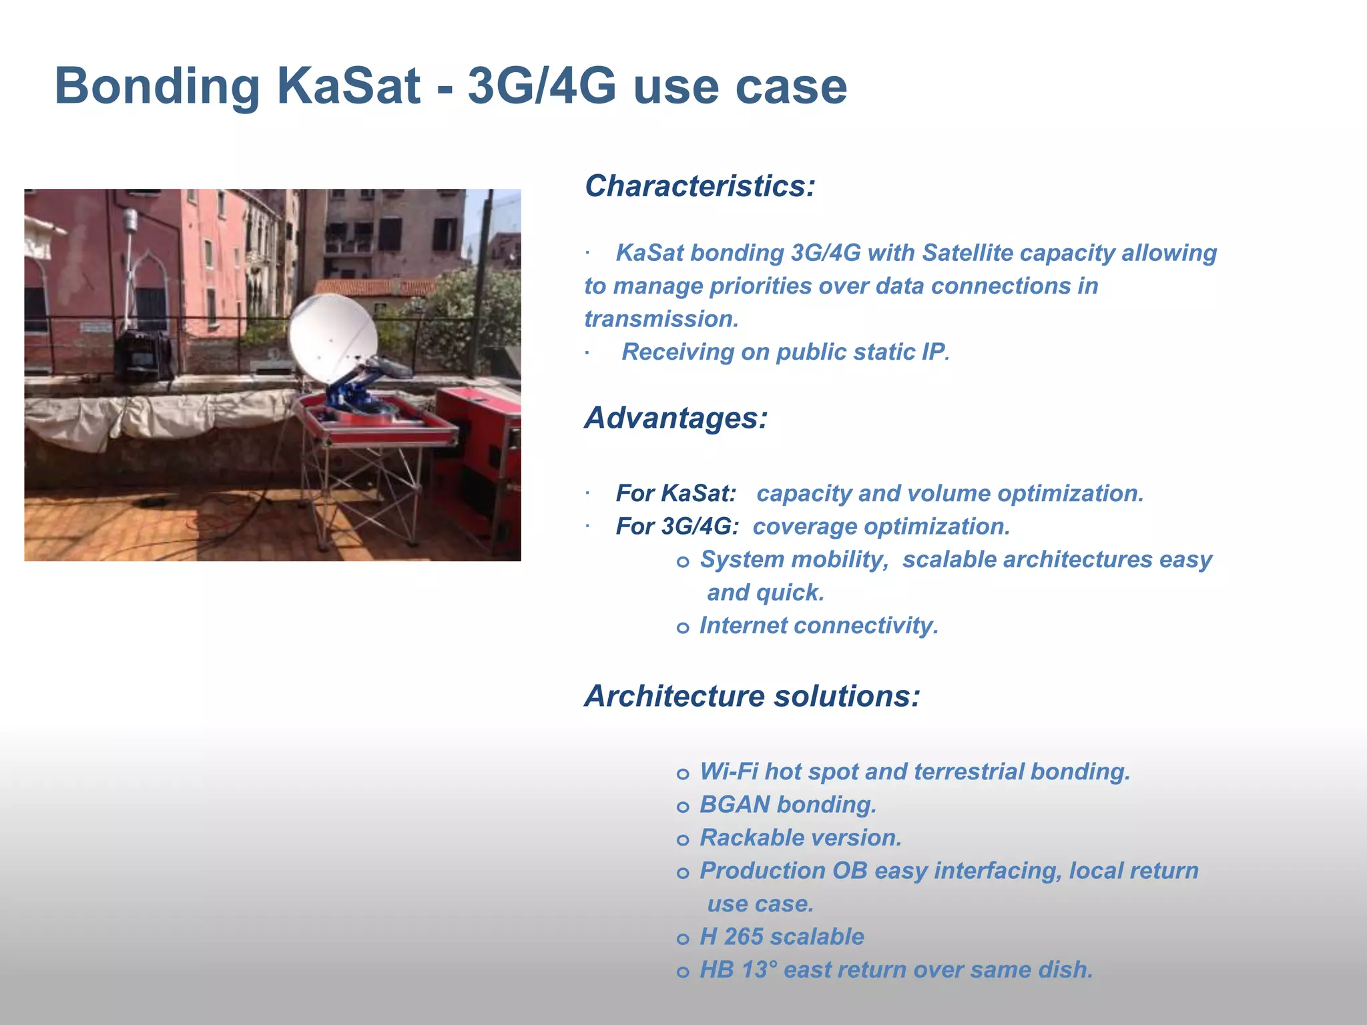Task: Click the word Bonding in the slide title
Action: (157, 87)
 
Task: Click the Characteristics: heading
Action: (700, 186)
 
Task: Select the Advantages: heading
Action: (676, 418)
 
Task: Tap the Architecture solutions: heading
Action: (752, 696)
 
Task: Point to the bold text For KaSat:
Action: (675, 494)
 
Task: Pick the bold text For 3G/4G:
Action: (677, 527)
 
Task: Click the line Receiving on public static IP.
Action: (785, 352)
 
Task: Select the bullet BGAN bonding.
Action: (788, 805)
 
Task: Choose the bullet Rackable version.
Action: (800, 838)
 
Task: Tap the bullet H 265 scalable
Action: (782, 937)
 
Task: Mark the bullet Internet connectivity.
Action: (818, 626)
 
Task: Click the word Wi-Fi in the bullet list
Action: (728, 772)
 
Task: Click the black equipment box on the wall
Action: (142, 354)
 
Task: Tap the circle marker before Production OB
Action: (682, 873)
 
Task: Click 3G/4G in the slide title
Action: (541, 87)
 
